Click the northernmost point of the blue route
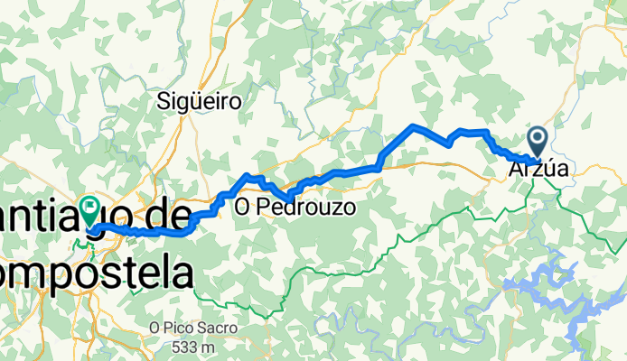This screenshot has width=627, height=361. coord(414,125)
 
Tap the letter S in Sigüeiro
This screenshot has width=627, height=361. coord(164,101)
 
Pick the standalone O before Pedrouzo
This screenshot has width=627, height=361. coord(242,208)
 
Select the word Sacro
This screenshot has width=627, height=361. coord(220,329)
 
